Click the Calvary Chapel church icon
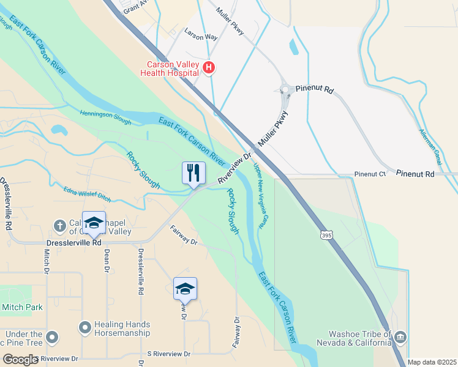pyautogui.click(x=59, y=226)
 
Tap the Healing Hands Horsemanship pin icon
pyautogui.click(x=85, y=329)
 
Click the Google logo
pyautogui.click(x=21, y=360)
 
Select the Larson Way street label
pyautogui.click(x=201, y=37)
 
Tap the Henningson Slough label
pyautogui.click(x=105, y=117)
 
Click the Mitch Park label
pyautogui.click(x=22, y=307)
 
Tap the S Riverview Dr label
pyautogui.click(x=170, y=354)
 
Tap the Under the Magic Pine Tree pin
pyautogui.click(x=52, y=337)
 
